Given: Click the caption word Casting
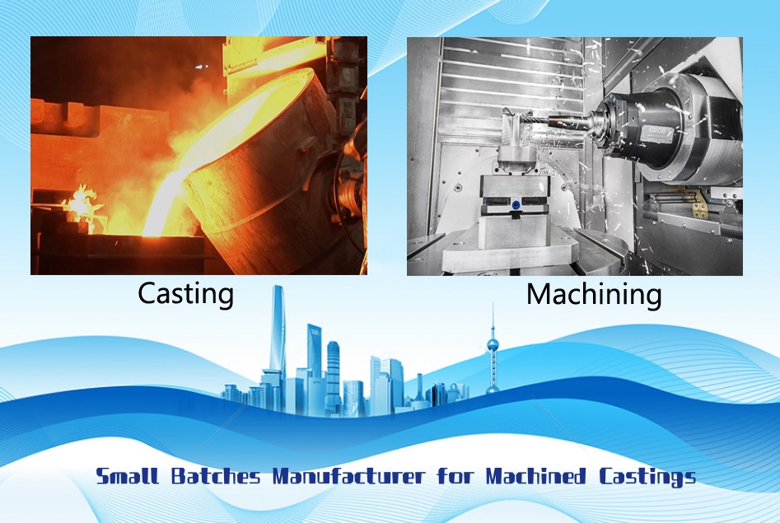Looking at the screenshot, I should [185, 293].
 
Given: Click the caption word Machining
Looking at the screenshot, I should [594, 294].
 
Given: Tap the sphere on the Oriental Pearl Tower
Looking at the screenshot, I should [493, 343].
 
